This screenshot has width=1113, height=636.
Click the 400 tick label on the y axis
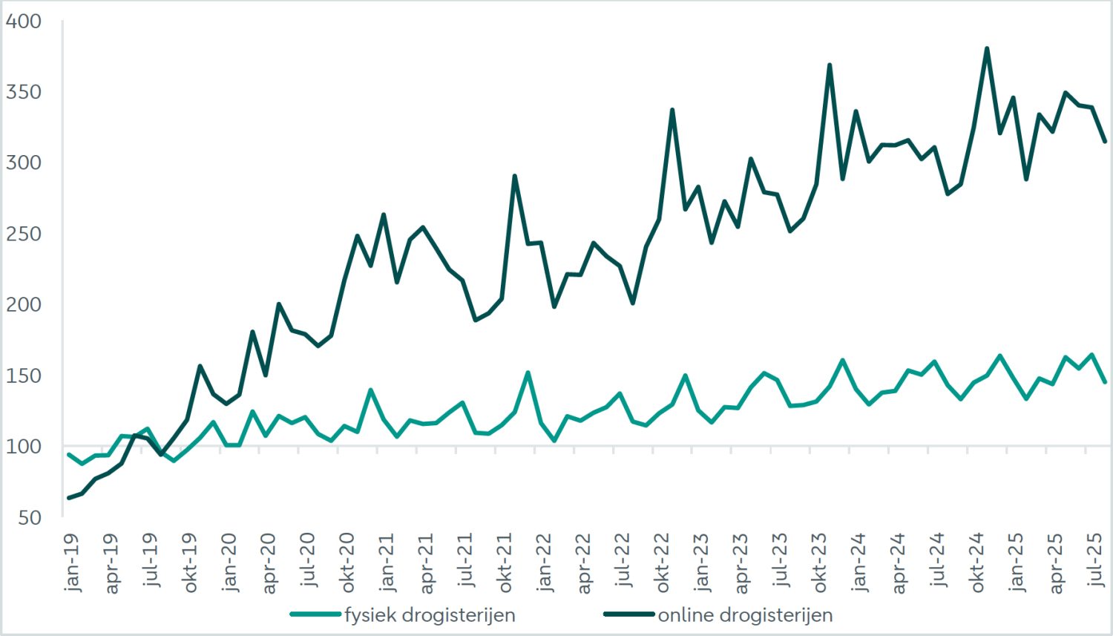pyautogui.click(x=24, y=21)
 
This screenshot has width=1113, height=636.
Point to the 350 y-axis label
pyautogui.click(x=24, y=92)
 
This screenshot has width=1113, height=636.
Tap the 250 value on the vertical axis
pyautogui.click(x=24, y=234)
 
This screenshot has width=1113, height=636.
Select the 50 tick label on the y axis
pyautogui.click(x=30, y=517)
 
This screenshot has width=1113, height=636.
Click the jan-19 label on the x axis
pyautogui.click(x=72, y=563)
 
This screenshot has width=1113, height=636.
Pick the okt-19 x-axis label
pyautogui.click(x=190, y=563)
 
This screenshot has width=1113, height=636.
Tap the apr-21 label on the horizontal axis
pyautogui.click(x=426, y=563)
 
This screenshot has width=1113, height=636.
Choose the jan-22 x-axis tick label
pyautogui.click(x=544, y=563)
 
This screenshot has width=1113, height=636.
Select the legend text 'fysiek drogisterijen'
pyautogui.click(x=430, y=615)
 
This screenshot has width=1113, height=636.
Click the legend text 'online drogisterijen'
pyautogui.click(x=745, y=615)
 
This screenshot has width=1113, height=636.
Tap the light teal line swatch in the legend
pyautogui.click(x=315, y=614)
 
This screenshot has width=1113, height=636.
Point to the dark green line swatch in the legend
pyautogui.click(x=629, y=614)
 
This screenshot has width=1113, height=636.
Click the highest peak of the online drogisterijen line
pyautogui.click(x=987, y=49)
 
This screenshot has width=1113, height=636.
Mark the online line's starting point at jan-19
pyautogui.click(x=69, y=498)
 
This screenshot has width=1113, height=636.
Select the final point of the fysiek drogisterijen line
pyautogui.click(x=1105, y=381)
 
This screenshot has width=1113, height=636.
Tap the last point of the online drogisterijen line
pyautogui.click(x=1105, y=141)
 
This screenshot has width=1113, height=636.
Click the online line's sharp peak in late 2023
pyautogui.click(x=830, y=65)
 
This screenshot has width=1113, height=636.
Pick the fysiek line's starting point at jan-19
pyautogui.click(x=69, y=455)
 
